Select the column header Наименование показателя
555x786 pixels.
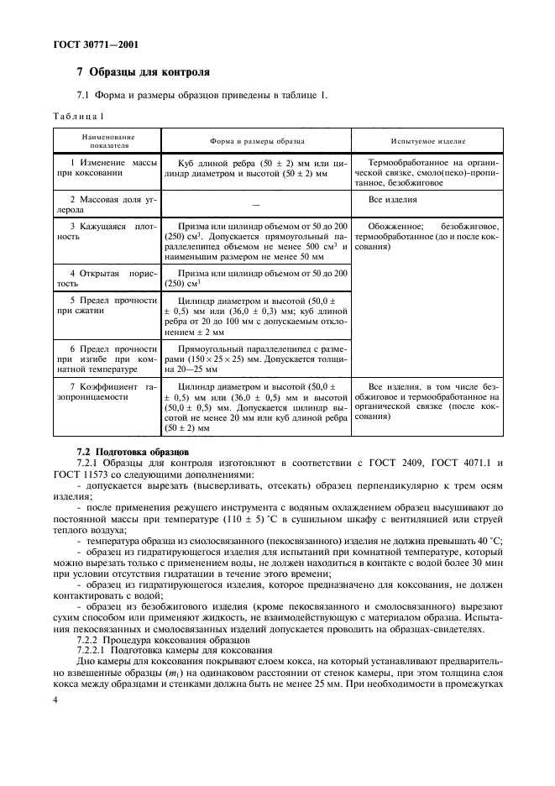107,140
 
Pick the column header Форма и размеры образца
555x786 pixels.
256,140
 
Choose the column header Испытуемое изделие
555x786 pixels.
428,140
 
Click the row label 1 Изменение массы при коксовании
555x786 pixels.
107,167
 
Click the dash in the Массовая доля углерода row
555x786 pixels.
255,205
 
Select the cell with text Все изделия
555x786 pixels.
393,199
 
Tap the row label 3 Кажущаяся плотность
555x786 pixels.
107,232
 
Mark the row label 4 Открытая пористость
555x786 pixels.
107,278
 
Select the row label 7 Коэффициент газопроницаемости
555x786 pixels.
107,392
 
